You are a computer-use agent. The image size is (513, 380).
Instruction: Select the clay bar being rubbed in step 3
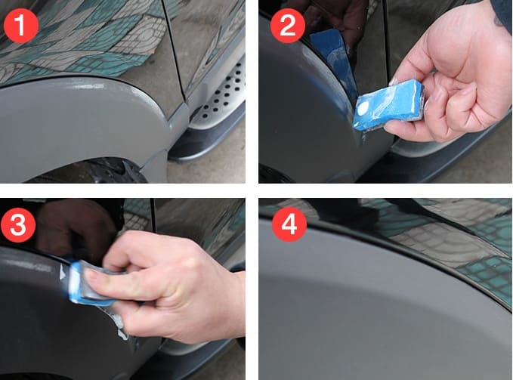89,283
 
